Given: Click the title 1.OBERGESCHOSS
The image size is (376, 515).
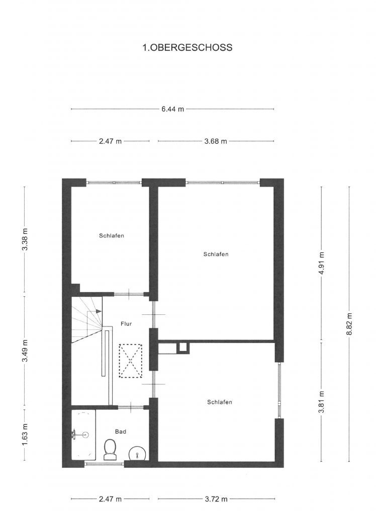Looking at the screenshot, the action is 187,48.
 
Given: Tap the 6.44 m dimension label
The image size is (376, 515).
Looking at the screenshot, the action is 173,109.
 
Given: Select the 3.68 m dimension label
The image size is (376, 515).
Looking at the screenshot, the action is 216,141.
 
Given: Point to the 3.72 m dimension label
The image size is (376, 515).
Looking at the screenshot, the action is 216,499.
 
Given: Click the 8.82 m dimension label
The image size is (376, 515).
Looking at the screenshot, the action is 349,324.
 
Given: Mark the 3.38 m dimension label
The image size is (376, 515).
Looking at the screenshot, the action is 25,239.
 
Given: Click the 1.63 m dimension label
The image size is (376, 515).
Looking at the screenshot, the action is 25,435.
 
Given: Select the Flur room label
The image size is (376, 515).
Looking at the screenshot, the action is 126,324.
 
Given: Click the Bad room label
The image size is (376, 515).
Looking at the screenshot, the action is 121,432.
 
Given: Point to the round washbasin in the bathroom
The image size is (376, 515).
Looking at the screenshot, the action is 137,454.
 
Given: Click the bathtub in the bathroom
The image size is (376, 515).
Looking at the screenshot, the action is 83,435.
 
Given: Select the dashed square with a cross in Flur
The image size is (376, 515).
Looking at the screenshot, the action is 130,361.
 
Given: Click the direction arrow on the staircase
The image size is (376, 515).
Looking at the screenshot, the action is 98,311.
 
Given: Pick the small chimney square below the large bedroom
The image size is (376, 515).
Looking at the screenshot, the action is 183,349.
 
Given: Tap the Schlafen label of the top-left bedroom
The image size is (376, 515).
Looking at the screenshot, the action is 112,235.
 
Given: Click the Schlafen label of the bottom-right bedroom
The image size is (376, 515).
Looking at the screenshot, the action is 220,402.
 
